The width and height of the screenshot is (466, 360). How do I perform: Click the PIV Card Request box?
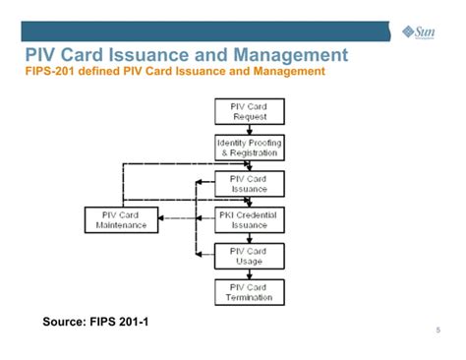click(249, 111)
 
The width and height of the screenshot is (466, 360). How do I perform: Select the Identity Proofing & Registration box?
click(249, 148)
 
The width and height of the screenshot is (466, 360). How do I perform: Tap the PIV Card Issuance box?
click(249, 184)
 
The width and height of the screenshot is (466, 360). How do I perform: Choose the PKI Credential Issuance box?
click(249, 219)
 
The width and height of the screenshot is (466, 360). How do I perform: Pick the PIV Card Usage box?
click(249, 256)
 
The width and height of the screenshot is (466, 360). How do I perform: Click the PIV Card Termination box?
click(249, 291)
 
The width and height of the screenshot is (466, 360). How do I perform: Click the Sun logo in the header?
click(420, 31)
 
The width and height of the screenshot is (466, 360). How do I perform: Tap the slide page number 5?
click(437, 330)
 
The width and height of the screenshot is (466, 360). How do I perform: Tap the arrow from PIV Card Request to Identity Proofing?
click(249, 129)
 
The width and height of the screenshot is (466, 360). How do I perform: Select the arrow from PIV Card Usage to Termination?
click(249, 273)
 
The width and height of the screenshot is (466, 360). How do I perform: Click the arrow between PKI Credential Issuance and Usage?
click(249, 237)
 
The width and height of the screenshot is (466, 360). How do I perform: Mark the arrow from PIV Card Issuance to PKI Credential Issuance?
click(249, 202)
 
